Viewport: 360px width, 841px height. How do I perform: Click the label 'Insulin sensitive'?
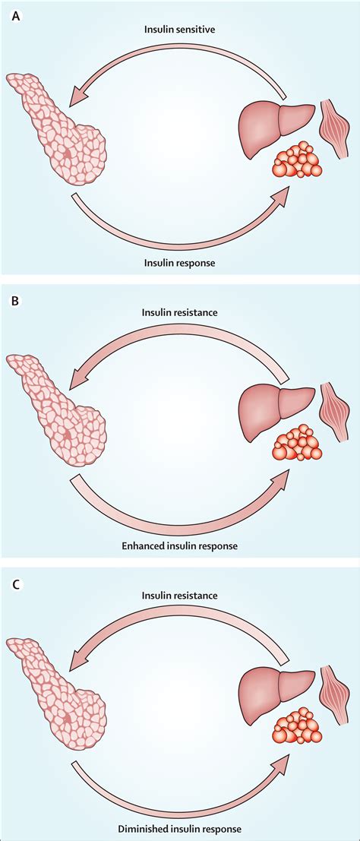pos(180,30)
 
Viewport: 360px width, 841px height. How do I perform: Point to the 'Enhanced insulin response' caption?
pos(180,545)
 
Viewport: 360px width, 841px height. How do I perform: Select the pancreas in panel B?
pos(57,414)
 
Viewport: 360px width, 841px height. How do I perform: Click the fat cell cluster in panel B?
pos(297,444)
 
